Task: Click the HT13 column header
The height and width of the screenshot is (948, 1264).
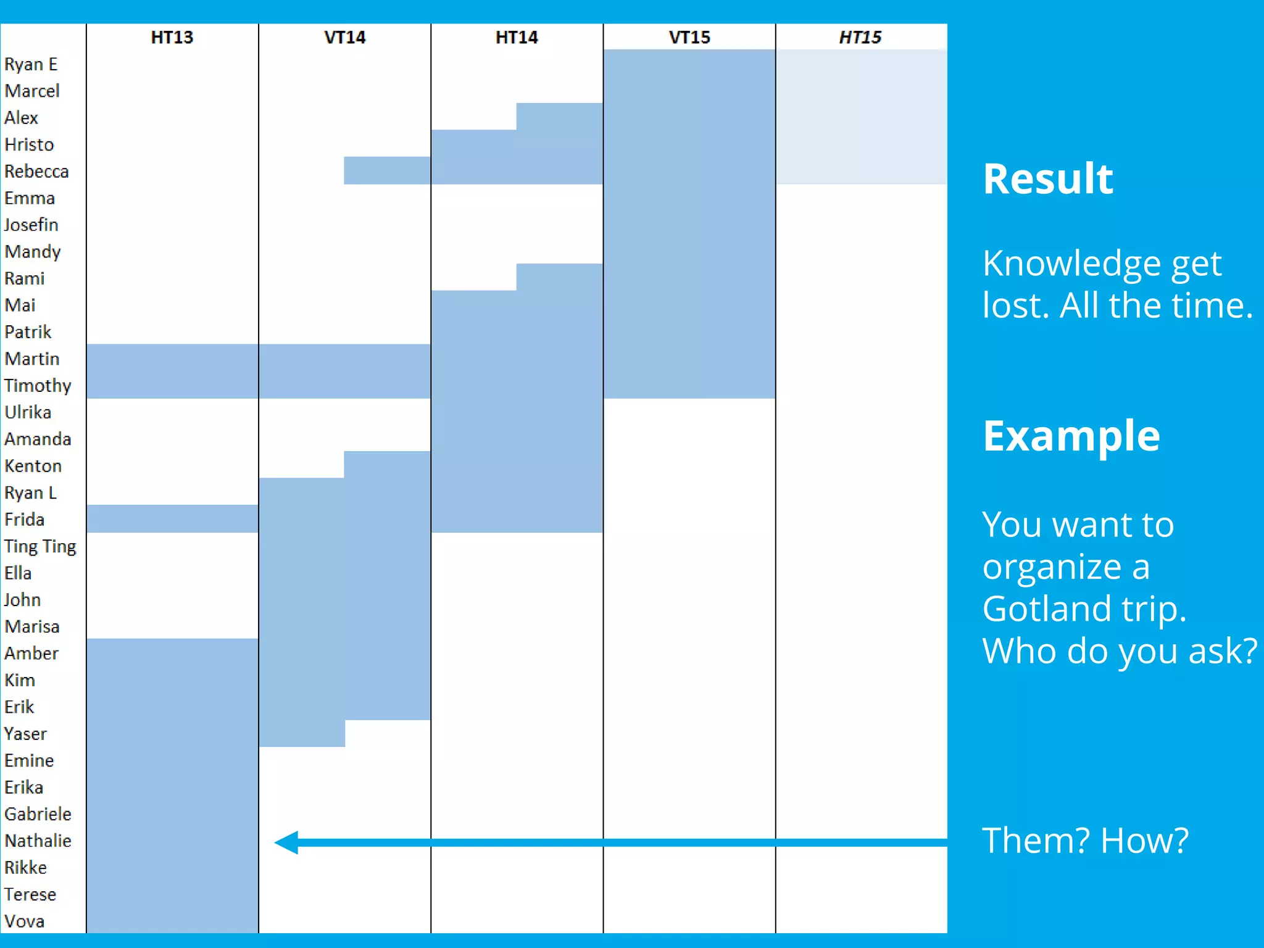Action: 172,38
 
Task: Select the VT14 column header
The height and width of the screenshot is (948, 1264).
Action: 344,38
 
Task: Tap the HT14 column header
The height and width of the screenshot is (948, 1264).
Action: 517,38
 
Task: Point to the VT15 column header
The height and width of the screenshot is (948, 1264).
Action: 689,38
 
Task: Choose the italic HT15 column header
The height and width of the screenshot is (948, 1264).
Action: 860,38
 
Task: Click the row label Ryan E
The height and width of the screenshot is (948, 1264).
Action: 31,64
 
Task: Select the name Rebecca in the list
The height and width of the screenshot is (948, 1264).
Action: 36,172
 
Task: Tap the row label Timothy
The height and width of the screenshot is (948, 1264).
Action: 38,386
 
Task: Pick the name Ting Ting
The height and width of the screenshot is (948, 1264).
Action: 40,546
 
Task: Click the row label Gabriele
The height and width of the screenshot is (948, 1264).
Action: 38,814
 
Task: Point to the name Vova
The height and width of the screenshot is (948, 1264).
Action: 24,921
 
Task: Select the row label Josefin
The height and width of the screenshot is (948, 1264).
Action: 31,225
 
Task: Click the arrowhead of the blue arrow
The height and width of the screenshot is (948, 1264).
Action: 286,842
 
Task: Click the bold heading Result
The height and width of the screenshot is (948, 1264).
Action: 1048,179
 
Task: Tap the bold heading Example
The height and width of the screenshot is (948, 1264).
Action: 1071,436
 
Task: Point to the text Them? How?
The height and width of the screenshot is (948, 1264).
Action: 1085,841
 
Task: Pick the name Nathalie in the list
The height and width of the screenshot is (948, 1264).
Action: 38,841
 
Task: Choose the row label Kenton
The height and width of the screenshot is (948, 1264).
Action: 33,466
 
